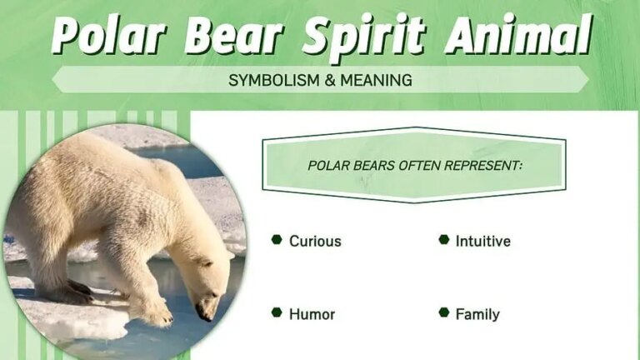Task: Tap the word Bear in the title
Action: pyautogui.click(x=237, y=36)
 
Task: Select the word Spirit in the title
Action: pyautogui.click(x=366, y=36)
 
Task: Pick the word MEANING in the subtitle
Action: pyautogui.click(x=375, y=81)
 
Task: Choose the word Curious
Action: pyautogui.click(x=315, y=242)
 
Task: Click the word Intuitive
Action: pyautogui.click(x=482, y=242)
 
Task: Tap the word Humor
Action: pyautogui.click(x=312, y=314)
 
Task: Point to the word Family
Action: pyautogui.click(x=477, y=314)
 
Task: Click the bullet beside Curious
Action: pyautogui.click(x=277, y=241)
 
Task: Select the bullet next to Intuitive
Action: pyautogui.click(x=443, y=241)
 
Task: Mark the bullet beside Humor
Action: pyautogui.click(x=277, y=313)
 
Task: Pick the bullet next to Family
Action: pyautogui.click(x=443, y=313)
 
